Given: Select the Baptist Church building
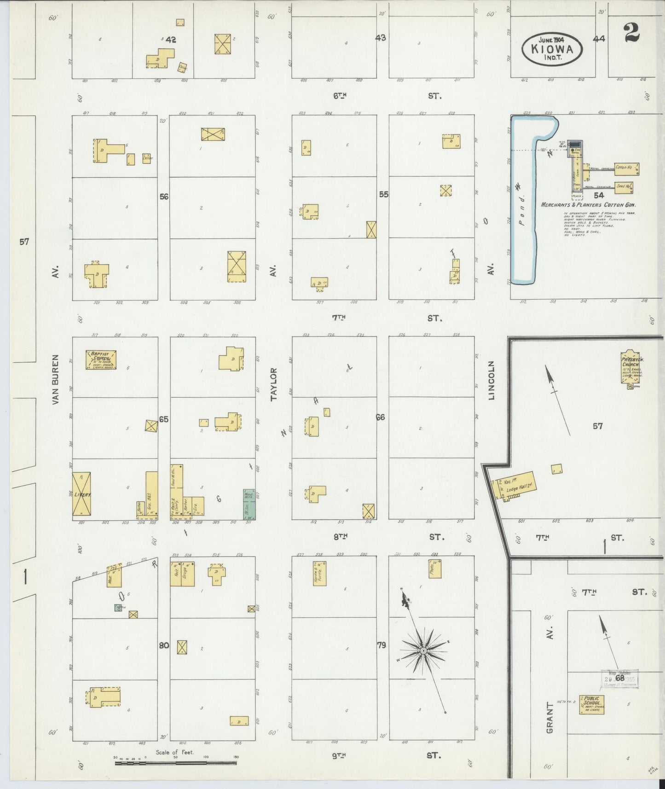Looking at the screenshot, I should click(x=101, y=360).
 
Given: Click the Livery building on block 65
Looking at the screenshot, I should click(x=81, y=494).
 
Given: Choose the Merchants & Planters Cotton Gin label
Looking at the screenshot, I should click(x=591, y=205).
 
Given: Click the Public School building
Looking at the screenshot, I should click(x=591, y=705).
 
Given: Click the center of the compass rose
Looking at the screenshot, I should click(x=423, y=650).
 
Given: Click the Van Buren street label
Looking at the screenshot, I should click(x=56, y=380).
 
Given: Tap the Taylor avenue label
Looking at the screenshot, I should click(x=274, y=384).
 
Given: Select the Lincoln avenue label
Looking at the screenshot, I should click(x=491, y=380).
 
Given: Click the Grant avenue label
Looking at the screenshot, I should click(x=549, y=718).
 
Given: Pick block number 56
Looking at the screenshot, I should click(x=164, y=197).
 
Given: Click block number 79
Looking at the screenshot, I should click(x=382, y=645).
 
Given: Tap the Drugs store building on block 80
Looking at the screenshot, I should click(x=188, y=574).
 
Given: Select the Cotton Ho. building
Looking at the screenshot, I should click(x=626, y=168).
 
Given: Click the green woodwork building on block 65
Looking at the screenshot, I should click(x=249, y=504).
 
